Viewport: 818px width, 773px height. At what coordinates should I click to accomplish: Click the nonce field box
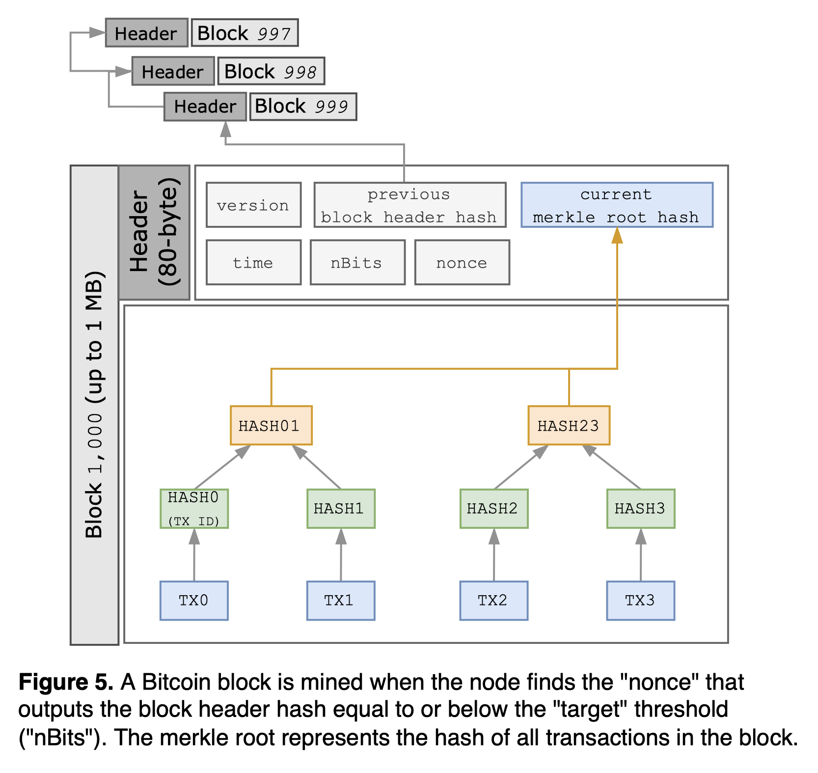click(462, 262)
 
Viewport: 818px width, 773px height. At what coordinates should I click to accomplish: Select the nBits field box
click(357, 262)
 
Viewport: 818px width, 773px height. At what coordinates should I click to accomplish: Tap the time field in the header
click(253, 262)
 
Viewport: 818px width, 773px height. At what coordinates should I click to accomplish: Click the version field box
click(253, 205)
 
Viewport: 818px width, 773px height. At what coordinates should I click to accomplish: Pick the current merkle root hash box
click(617, 205)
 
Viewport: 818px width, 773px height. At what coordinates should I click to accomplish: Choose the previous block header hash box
click(409, 205)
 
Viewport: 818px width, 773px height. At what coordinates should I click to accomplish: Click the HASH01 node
click(271, 425)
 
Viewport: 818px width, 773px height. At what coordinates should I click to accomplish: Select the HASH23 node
click(569, 425)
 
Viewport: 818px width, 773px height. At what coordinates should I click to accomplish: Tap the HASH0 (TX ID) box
click(194, 508)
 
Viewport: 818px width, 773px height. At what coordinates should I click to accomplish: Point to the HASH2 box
click(493, 508)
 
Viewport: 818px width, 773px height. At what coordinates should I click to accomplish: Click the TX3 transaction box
click(640, 601)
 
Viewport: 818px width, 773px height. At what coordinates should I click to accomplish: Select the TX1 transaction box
click(341, 601)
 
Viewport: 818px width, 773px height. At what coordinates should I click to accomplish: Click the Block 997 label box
click(245, 33)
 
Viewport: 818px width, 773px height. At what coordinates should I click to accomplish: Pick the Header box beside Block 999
click(205, 107)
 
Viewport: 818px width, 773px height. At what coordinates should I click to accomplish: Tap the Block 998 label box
click(271, 71)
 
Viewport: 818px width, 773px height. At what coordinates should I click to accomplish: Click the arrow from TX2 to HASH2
click(494, 555)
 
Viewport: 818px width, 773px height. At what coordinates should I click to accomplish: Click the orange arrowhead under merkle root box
click(617, 236)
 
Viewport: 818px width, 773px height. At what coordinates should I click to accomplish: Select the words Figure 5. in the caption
click(66, 682)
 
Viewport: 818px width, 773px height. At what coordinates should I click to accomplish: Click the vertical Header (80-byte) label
click(154, 232)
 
